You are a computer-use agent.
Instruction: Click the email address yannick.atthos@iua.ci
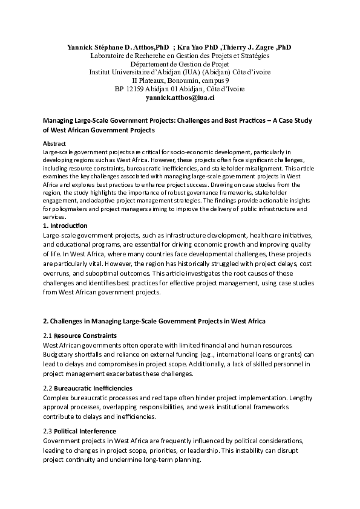point(180,97)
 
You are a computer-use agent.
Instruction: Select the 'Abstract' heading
point(54,143)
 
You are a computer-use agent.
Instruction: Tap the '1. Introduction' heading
point(65,225)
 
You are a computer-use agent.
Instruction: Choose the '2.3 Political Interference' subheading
point(80,432)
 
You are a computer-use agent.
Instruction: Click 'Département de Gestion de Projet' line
point(180,63)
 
